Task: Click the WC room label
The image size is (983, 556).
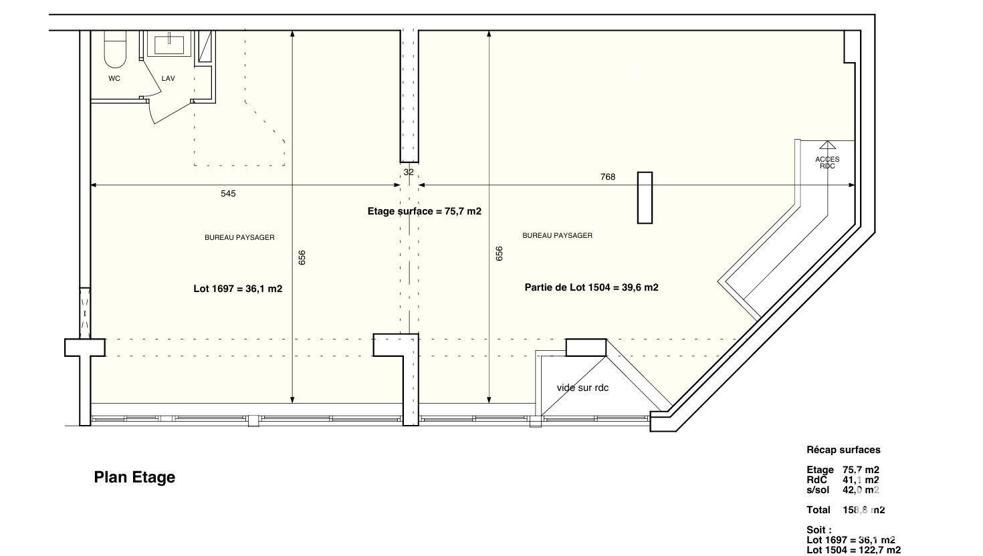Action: point(114,78)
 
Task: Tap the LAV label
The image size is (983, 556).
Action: point(168,78)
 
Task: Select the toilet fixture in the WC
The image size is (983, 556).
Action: point(115,49)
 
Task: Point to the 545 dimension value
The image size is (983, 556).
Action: point(228,193)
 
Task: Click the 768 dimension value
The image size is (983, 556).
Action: point(608,176)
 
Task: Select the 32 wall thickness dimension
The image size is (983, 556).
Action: point(409,172)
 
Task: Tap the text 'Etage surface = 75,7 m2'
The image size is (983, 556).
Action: point(425,211)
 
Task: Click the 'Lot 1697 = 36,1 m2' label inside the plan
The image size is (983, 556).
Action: point(238,289)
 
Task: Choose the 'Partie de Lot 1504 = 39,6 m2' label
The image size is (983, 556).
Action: point(592,287)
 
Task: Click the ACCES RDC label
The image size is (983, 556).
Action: point(827,162)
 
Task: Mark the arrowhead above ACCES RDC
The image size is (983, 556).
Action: point(828,145)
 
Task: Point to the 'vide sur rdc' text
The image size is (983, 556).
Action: point(583,388)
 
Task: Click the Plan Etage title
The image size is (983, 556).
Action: point(134,477)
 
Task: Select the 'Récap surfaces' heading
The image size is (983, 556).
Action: point(843,450)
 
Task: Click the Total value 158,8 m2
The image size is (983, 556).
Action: point(864,510)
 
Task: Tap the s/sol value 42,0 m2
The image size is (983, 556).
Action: point(861,490)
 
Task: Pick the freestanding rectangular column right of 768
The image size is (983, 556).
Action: point(645,198)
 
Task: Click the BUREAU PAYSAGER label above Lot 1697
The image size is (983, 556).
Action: point(239,238)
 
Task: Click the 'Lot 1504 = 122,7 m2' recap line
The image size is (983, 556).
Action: point(853,550)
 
